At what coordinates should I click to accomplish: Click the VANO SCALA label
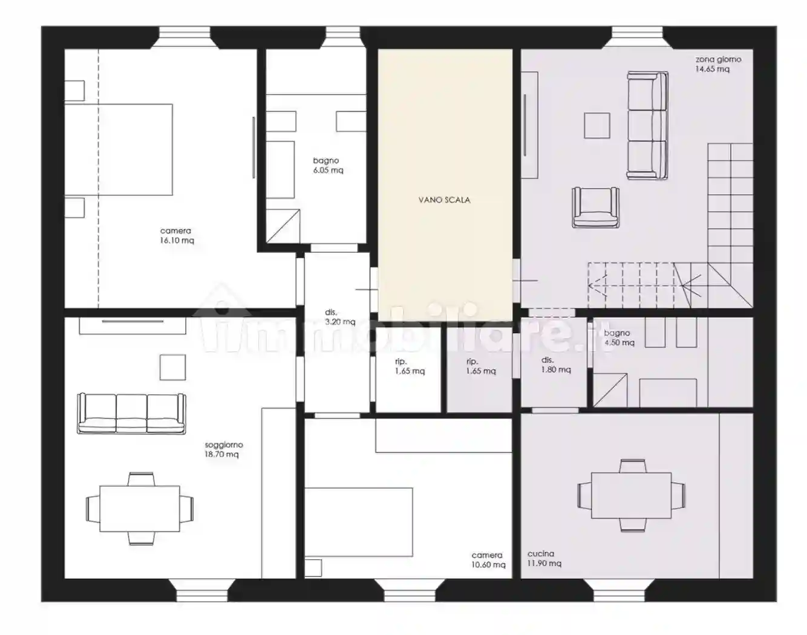445,200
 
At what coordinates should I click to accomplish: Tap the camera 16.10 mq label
177,235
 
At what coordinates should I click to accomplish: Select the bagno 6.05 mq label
328,165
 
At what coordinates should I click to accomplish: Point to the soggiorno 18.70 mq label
223,449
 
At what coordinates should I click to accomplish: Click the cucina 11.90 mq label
544,558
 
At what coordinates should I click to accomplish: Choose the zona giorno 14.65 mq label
718,64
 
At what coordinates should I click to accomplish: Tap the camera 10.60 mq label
488,559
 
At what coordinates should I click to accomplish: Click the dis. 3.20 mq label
340,317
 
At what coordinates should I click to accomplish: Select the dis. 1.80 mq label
556,365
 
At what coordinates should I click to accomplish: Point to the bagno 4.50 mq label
619,337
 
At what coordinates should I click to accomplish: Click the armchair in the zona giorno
595,207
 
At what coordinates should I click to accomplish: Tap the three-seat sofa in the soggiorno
131,414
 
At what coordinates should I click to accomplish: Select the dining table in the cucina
632,495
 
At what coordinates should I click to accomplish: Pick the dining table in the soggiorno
140,509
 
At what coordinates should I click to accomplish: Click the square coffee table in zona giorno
597,126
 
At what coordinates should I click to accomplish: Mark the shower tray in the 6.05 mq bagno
283,226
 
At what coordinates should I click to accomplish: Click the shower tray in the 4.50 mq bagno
610,390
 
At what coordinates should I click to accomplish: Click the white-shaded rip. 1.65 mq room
408,370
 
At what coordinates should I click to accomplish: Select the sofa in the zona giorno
648,126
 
